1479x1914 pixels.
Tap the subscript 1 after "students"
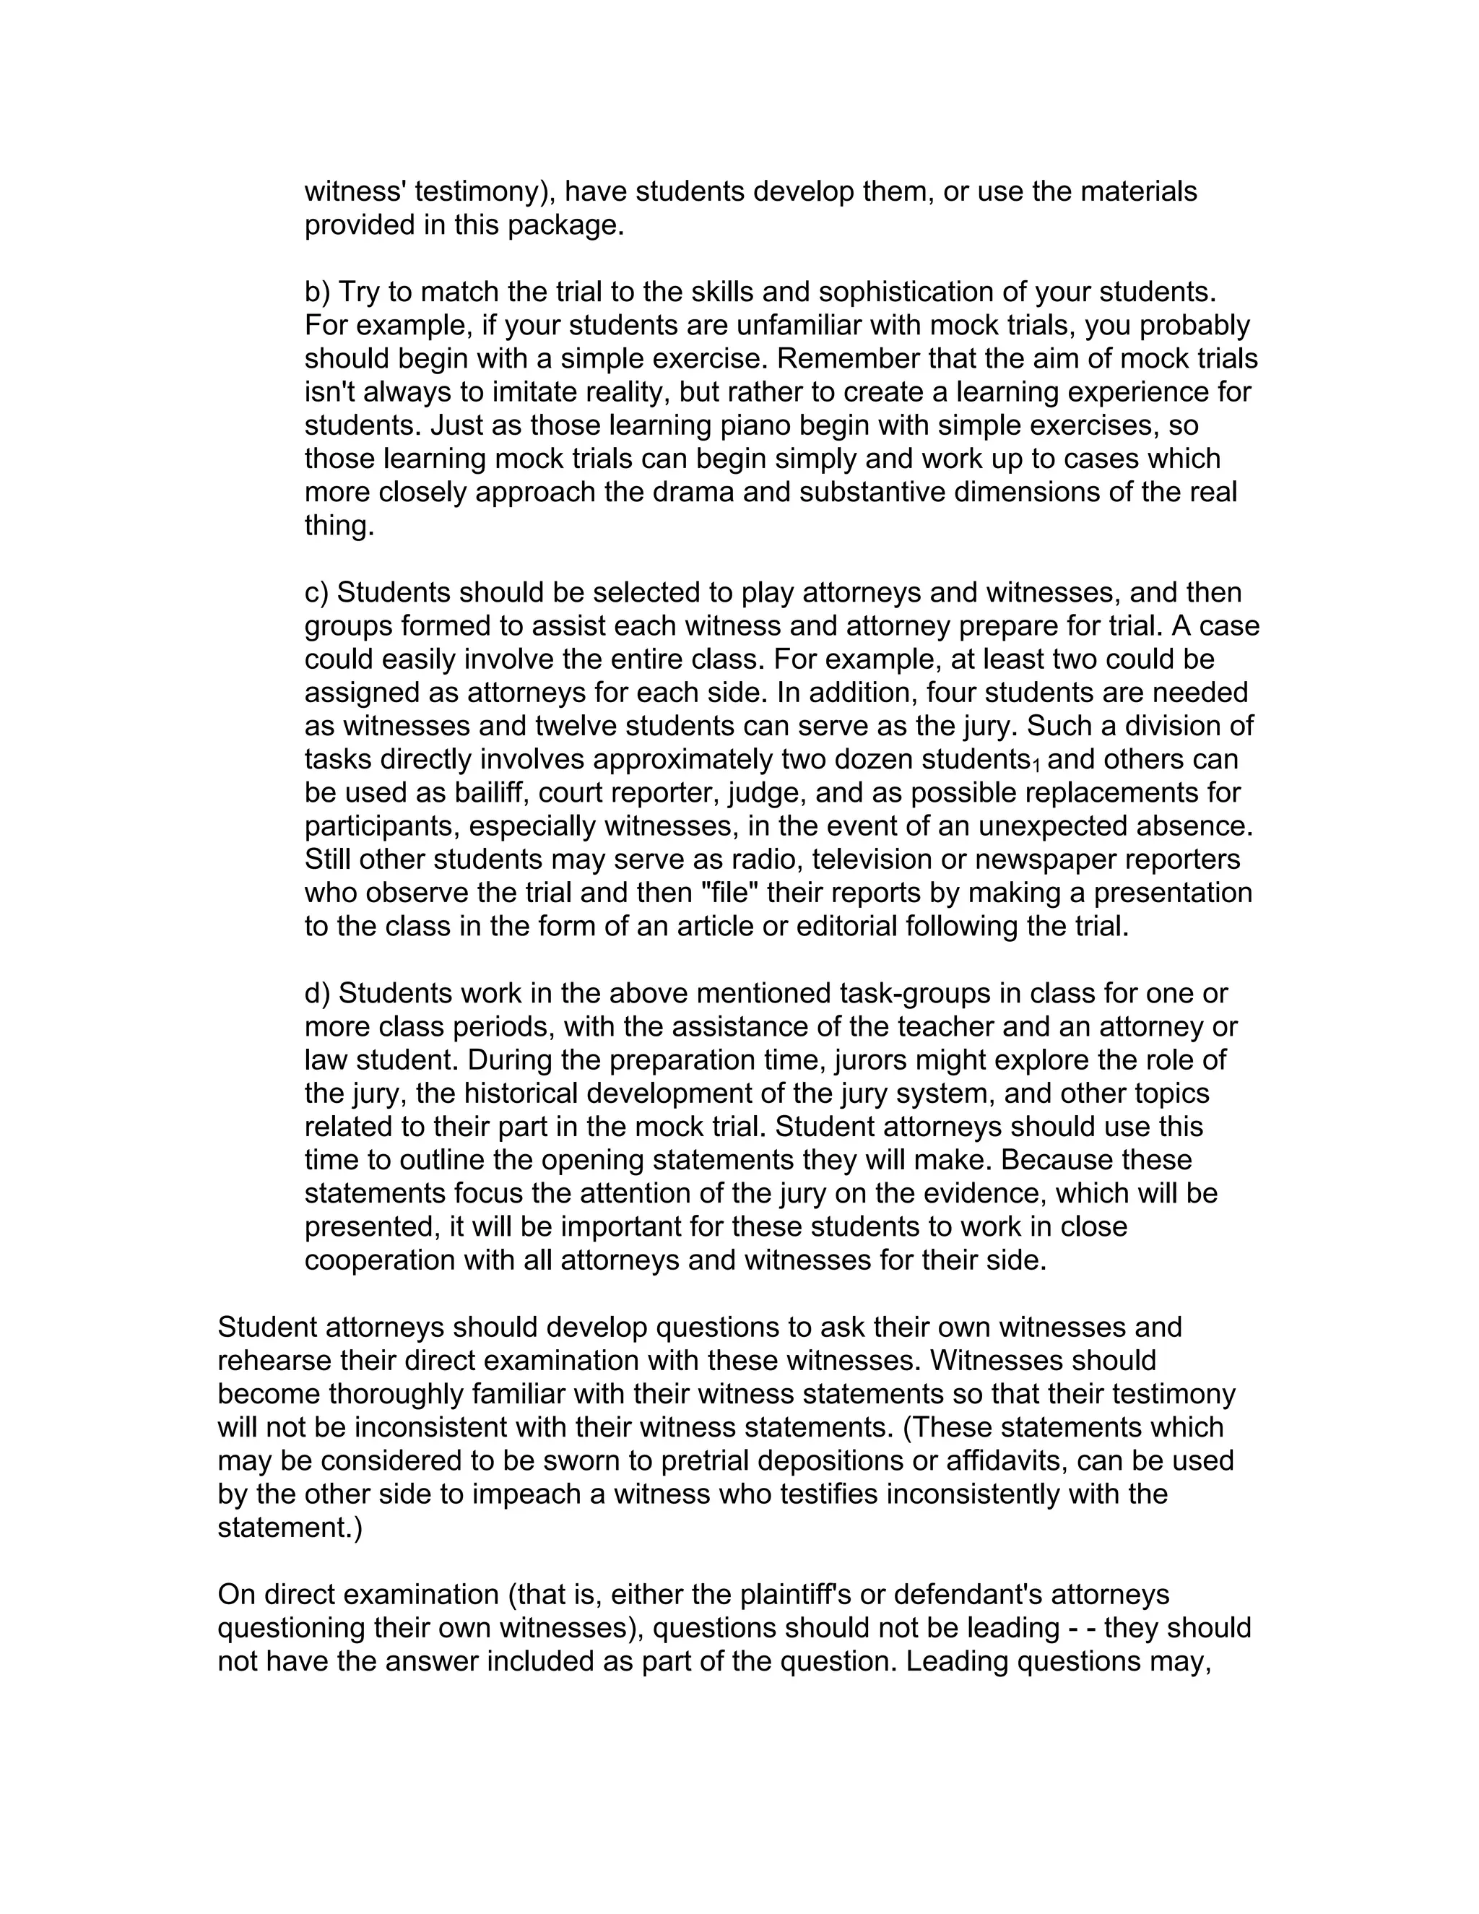click(x=1036, y=766)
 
